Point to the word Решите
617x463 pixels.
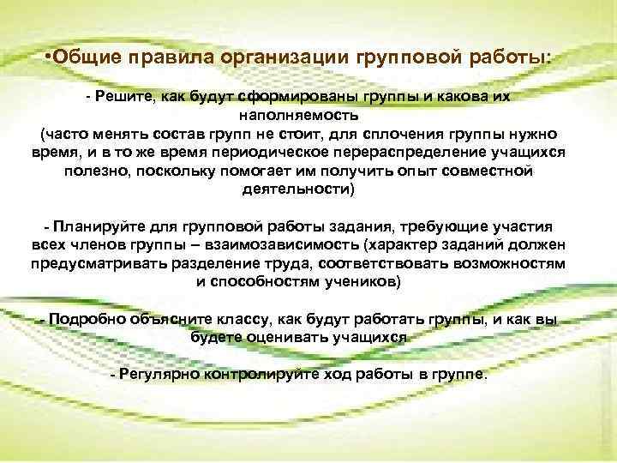(x=122, y=98)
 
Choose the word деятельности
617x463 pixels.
(x=303, y=189)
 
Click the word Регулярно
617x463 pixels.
(x=156, y=374)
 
